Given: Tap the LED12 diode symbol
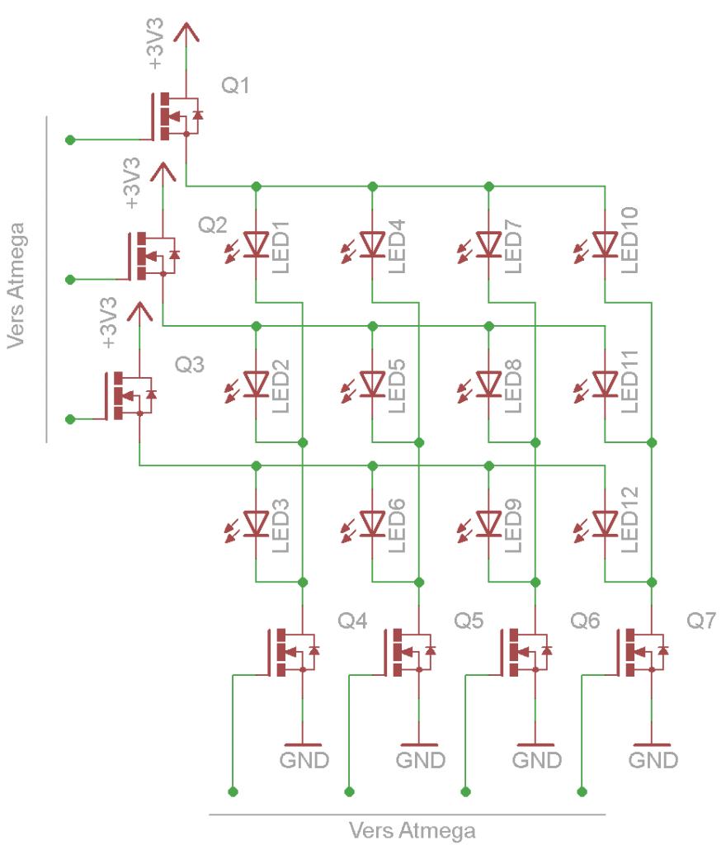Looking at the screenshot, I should [606, 523].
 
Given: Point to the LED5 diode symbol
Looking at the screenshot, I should [372, 383].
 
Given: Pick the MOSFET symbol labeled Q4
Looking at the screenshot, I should [293, 651].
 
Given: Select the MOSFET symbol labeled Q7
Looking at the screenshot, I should [643, 651].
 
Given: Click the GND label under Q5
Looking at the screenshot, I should [421, 759].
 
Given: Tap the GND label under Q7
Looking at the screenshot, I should [654, 759].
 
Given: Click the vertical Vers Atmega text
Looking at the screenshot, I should [20, 285].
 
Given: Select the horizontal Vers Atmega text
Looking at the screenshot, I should [412, 829].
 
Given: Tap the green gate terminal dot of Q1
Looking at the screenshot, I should [70, 139].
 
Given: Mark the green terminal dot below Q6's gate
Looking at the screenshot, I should [466, 792].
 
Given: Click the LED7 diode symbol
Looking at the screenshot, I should [489, 244].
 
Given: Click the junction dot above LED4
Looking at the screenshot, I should [372, 185].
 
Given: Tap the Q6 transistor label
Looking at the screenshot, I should [585, 620].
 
